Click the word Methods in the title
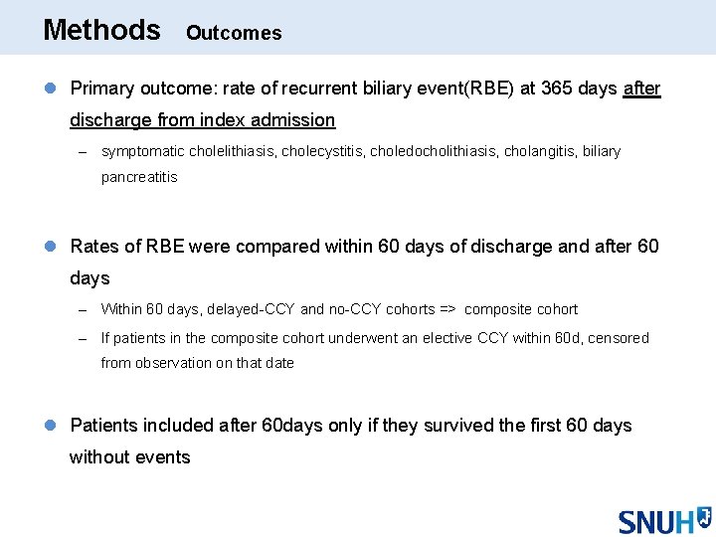101,30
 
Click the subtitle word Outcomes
234,33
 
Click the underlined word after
641,89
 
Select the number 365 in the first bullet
557,89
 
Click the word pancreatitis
139,177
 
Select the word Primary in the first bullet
102,89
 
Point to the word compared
269,246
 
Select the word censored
618,338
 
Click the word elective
444,338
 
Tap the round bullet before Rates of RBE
52,246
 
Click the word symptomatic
140,152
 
